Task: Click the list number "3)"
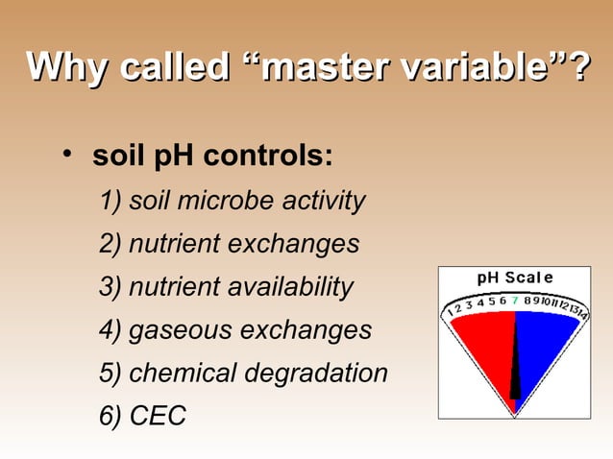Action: pyautogui.click(x=110, y=287)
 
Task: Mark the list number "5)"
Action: pyautogui.click(x=110, y=374)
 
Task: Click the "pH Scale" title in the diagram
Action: pyautogui.click(x=515, y=278)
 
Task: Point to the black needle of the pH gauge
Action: pyautogui.click(x=515, y=365)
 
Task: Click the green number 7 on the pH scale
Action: pyautogui.click(x=515, y=299)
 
